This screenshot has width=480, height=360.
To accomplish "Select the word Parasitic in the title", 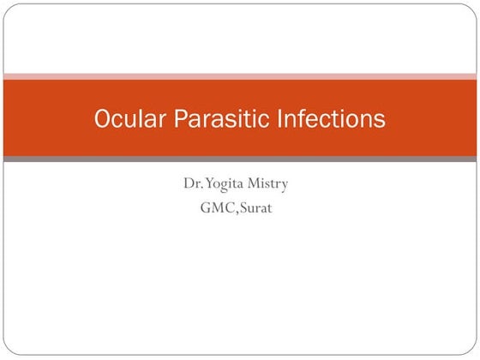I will click(218, 119).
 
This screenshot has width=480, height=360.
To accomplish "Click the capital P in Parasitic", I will click(182, 119).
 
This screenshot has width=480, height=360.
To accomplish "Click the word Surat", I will click(258, 207).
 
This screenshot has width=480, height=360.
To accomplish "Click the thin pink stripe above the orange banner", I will click(240, 76).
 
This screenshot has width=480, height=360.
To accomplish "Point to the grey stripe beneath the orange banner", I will click(240, 159).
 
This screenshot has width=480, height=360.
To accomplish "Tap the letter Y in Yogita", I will click(205, 183).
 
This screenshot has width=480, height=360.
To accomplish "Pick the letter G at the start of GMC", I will click(205, 207).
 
